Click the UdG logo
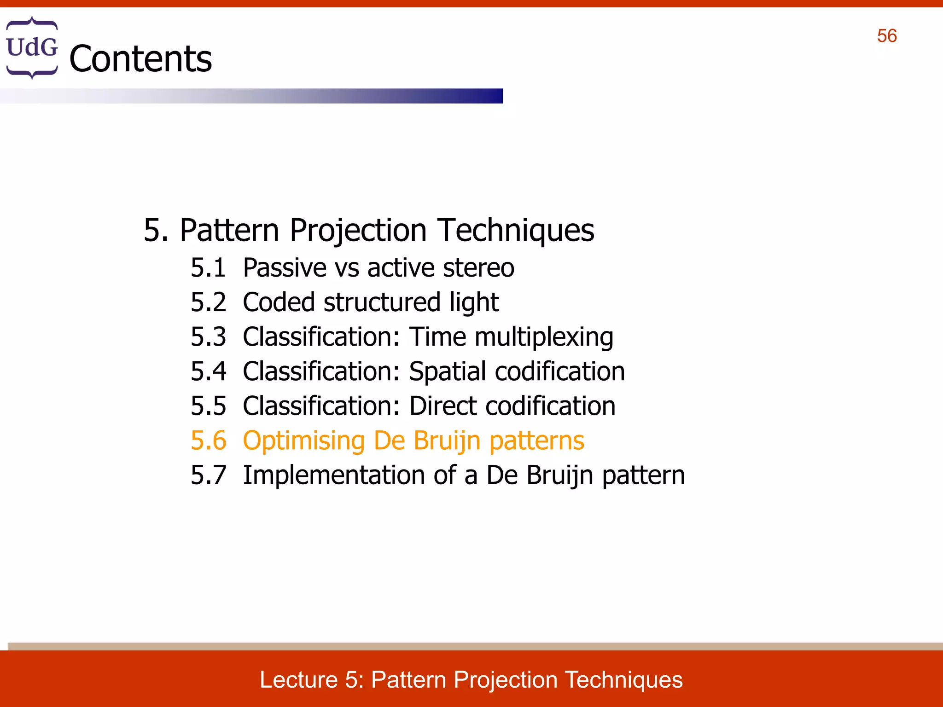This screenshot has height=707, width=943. [x=32, y=47]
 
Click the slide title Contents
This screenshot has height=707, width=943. [x=140, y=59]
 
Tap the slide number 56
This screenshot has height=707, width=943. [x=887, y=36]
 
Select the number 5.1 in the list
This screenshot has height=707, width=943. [x=208, y=268]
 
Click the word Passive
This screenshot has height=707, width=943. [x=285, y=268]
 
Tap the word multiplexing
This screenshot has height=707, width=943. [x=544, y=337]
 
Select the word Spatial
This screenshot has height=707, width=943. [x=447, y=371]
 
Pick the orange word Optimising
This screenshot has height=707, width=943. [x=304, y=441]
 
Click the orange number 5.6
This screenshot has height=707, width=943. [x=208, y=440]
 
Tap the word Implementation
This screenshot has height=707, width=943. [x=333, y=475]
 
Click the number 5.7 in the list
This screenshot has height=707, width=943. [x=208, y=475]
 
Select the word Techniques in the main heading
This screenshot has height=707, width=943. [x=516, y=230]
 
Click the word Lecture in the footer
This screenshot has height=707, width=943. [x=299, y=680]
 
